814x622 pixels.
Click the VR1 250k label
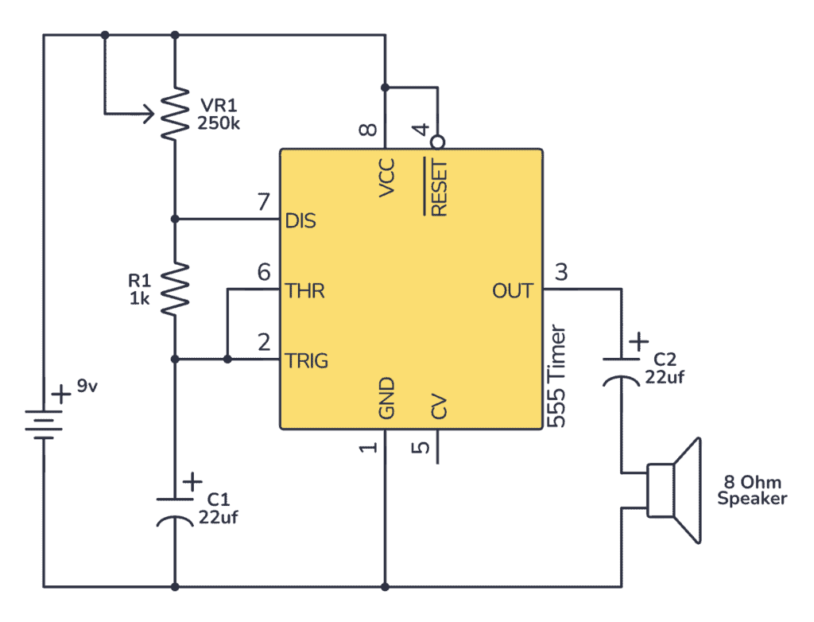point(216,115)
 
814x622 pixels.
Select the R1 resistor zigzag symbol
point(175,290)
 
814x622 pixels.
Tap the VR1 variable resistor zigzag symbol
point(175,113)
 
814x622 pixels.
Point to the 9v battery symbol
point(44,422)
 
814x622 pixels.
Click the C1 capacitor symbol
point(175,509)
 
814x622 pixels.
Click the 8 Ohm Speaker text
point(752,491)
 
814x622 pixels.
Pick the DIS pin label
point(300,220)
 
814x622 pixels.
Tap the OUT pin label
point(513,291)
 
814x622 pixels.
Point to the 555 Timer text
point(558,375)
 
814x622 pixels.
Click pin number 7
point(263,203)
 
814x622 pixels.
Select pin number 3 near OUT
point(561,273)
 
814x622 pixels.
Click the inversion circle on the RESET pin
point(436,142)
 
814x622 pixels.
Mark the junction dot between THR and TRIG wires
point(227,360)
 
